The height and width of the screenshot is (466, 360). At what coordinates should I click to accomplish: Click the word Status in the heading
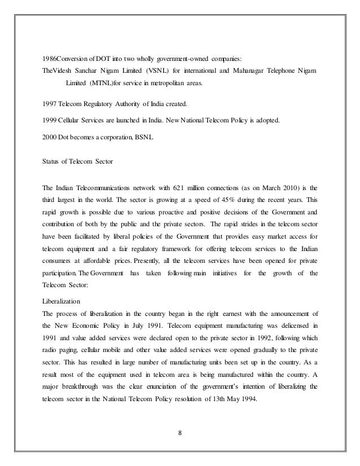pyautogui.click(x=51, y=162)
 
